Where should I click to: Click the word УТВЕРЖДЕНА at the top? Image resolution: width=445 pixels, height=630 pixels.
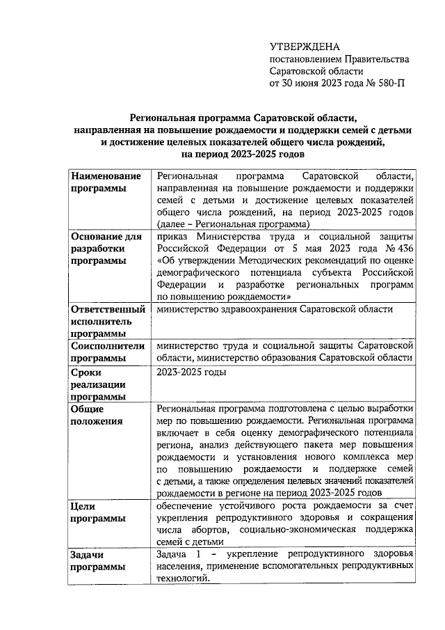point(305,47)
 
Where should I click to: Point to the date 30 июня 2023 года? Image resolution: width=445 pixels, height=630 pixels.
point(321,83)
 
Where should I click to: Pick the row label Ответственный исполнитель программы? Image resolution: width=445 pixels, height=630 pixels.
point(108,322)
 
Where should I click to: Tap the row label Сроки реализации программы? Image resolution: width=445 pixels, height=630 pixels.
point(97,384)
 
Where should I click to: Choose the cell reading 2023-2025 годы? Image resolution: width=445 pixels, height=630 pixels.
point(191,372)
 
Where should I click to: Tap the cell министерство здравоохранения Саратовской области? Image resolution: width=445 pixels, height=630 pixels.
point(285,309)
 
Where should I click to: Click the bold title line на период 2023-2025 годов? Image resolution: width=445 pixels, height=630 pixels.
point(241,155)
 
